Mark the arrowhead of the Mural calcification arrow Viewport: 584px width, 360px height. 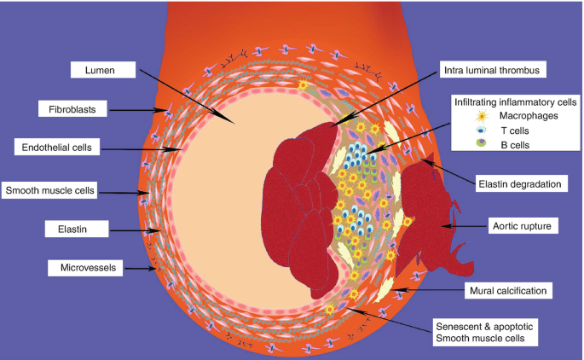pyautogui.click(x=395, y=292)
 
